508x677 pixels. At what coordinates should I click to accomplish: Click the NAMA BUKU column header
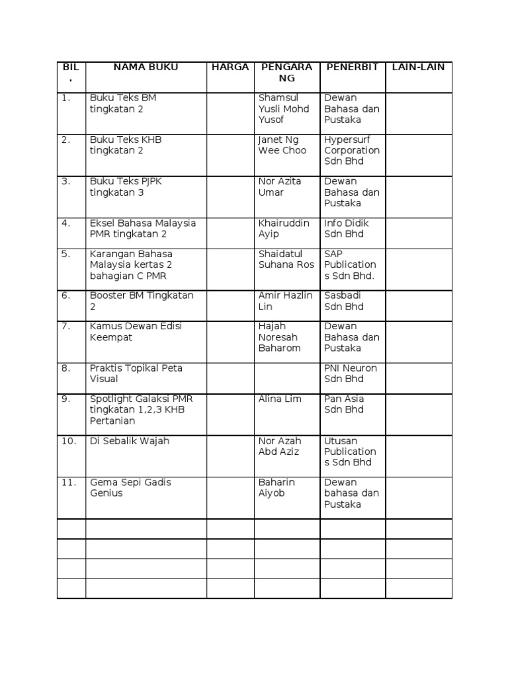(x=146, y=67)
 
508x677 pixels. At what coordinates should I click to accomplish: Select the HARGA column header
(x=230, y=67)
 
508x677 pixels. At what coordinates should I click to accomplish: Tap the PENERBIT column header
(x=352, y=67)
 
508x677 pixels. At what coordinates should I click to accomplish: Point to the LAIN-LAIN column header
(x=418, y=67)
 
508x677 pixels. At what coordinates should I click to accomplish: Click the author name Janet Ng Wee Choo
(x=282, y=145)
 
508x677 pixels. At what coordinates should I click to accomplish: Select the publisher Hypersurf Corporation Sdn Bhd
(x=352, y=150)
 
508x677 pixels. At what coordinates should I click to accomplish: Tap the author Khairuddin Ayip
(x=284, y=228)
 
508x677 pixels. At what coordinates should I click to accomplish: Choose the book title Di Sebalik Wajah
(x=130, y=441)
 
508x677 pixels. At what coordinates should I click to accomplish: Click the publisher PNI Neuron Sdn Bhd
(x=351, y=374)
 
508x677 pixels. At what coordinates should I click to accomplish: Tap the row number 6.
(x=66, y=296)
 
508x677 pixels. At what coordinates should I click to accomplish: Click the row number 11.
(x=69, y=483)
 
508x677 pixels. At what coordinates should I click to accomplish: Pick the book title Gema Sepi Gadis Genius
(x=130, y=488)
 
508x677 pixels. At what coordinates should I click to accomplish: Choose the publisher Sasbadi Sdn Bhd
(x=344, y=301)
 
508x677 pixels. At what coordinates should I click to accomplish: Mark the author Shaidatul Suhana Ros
(x=286, y=259)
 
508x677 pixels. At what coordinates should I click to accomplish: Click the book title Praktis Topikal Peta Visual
(x=136, y=374)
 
